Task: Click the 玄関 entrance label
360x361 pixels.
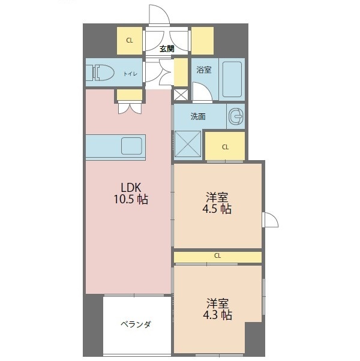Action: click(x=167, y=49)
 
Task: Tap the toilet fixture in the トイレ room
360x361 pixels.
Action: click(x=100, y=73)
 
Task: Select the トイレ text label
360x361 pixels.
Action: click(x=130, y=74)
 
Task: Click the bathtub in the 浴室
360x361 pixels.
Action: click(x=232, y=79)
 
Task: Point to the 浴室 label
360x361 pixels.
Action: click(x=203, y=70)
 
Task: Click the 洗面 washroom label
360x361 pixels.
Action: click(x=198, y=116)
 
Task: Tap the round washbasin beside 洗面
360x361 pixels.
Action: click(x=236, y=116)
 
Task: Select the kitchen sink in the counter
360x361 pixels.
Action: click(x=131, y=146)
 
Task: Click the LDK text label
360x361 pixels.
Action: click(x=131, y=188)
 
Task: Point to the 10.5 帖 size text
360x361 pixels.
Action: click(x=131, y=199)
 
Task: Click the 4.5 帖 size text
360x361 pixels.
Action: click(x=217, y=209)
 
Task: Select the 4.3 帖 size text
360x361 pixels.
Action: click(x=217, y=315)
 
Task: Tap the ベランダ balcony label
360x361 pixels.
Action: click(x=136, y=324)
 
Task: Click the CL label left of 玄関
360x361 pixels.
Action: click(x=130, y=41)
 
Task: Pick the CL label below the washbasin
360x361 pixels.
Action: click(x=225, y=147)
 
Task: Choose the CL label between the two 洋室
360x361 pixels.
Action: click(x=217, y=255)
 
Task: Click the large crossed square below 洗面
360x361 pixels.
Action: click(x=188, y=144)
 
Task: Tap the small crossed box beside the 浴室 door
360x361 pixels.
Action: click(x=181, y=95)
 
